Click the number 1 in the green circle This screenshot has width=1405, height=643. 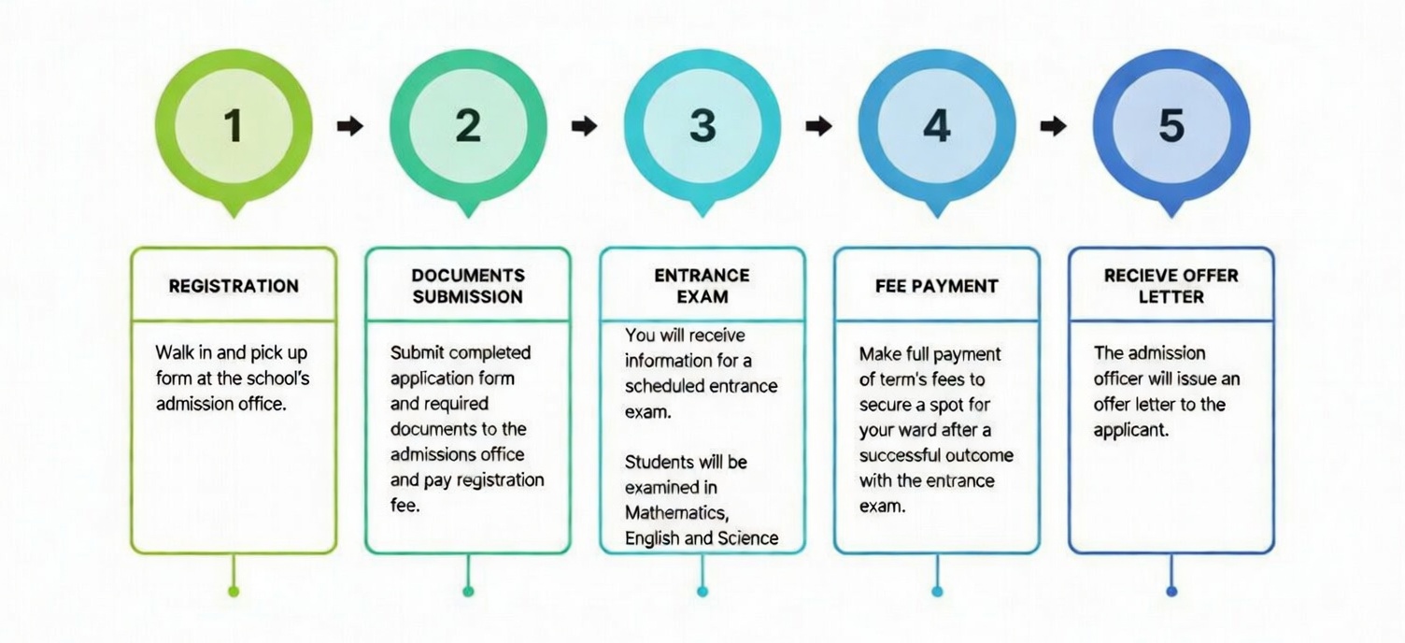(233, 126)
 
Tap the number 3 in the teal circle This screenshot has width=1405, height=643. (702, 126)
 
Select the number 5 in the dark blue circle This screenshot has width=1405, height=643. (1171, 126)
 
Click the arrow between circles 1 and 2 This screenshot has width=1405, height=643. (350, 126)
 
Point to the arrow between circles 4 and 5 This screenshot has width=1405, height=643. (1054, 126)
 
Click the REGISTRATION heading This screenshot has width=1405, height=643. (234, 286)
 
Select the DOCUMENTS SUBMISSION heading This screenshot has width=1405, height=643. (468, 286)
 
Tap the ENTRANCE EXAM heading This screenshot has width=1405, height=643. (702, 286)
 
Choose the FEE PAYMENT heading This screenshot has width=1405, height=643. (937, 286)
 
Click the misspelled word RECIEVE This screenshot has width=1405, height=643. (1139, 276)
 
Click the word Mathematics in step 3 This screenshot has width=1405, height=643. (675, 513)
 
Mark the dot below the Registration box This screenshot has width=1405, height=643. (234, 591)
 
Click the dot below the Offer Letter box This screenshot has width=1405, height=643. (1171, 591)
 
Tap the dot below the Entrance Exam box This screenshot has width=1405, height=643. (702, 591)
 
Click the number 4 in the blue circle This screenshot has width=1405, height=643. (937, 126)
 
